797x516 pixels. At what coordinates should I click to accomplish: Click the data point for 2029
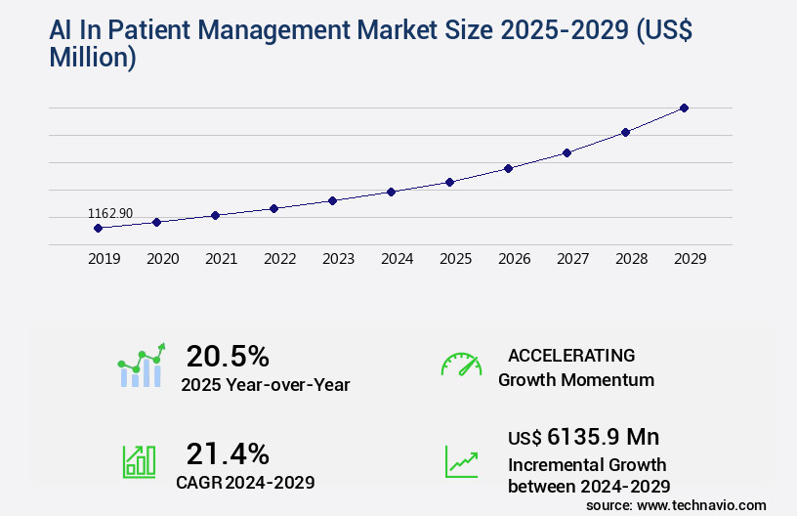(684, 107)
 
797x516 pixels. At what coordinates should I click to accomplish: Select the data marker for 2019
(98, 228)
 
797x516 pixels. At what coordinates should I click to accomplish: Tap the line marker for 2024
(391, 192)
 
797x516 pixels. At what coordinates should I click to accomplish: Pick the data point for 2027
(566, 152)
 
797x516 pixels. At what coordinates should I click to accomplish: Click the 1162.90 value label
(110, 213)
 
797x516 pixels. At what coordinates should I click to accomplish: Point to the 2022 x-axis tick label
(279, 259)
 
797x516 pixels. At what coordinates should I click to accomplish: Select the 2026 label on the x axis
(514, 259)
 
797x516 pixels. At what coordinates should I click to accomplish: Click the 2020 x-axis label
(162, 259)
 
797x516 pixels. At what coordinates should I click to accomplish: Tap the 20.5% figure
(228, 356)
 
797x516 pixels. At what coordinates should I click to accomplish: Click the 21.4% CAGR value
(228, 453)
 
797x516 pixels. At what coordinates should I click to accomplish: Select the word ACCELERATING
(571, 355)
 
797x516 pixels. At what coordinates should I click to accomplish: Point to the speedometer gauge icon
(461, 365)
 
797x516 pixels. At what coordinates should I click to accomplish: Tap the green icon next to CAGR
(139, 460)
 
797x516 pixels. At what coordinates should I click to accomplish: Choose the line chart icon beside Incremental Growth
(461, 461)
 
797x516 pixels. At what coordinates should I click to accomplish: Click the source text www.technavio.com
(701, 505)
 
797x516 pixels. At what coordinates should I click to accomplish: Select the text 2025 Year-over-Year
(265, 385)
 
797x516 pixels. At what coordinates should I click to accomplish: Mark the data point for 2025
(449, 182)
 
